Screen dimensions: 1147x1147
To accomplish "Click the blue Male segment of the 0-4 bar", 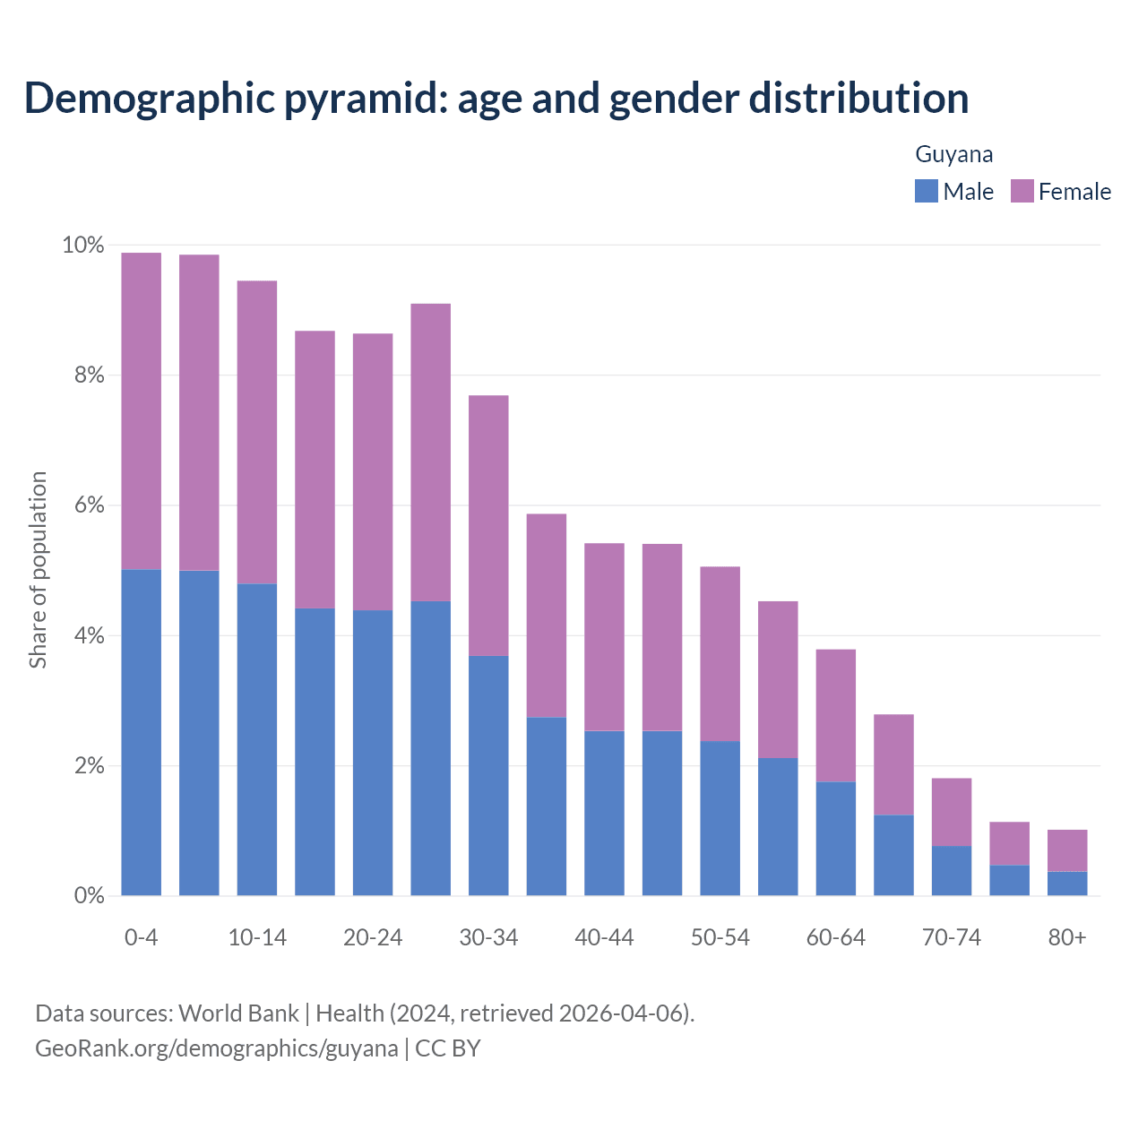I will point(141,732).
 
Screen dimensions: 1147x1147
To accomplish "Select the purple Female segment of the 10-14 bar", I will point(256,432).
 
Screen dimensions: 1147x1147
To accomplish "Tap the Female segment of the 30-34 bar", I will point(488,525).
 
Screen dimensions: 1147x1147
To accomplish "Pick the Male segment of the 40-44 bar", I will point(604,813).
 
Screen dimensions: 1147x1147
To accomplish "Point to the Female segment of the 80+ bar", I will point(1067,850).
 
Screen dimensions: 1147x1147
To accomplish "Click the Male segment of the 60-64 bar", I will point(835,838).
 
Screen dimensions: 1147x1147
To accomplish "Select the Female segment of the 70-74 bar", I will point(952,812).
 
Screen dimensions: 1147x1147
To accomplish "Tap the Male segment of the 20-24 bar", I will point(373,753).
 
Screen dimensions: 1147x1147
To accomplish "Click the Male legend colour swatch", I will point(926,191).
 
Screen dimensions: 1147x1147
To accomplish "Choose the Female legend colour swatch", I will point(1022,191).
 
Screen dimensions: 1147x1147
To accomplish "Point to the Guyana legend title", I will point(953,154).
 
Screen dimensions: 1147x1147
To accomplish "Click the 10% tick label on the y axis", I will point(82,245).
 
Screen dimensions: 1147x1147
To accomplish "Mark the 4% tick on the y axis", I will point(90,636).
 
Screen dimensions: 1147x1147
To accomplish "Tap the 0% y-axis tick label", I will point(90,896).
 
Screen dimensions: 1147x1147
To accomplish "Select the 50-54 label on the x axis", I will point(720,937).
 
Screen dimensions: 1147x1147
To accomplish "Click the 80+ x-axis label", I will point(1067,937).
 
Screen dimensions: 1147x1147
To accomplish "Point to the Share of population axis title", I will point(38,570).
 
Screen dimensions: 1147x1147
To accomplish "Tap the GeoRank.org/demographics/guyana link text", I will point(216,1048).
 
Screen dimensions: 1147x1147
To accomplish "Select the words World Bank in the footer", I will point(238,1013).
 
